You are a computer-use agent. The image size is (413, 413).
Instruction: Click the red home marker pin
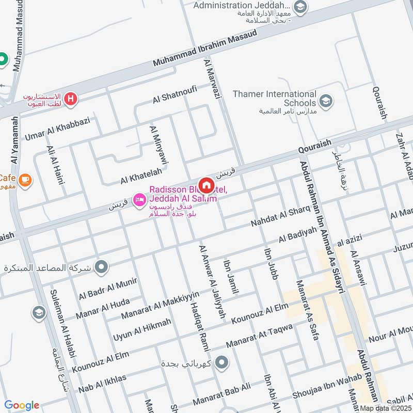(x=206, y=184)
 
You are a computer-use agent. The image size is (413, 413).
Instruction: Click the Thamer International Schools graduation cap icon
(x=325, y=101)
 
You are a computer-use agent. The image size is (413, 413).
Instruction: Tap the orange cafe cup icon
(x=24, y=180)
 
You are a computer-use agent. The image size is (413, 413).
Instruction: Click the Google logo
(x=22, y=405)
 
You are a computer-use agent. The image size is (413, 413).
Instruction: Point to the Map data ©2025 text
(x=386, y=408)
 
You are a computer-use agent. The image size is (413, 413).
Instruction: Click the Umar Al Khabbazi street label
(x=57, y=129)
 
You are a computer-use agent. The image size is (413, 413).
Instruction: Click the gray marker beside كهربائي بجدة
(x=222, y=363)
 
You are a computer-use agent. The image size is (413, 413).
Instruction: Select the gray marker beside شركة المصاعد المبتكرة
(x=102, y=267)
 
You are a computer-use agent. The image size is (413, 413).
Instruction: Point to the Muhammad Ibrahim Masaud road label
(x=205, y=49)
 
